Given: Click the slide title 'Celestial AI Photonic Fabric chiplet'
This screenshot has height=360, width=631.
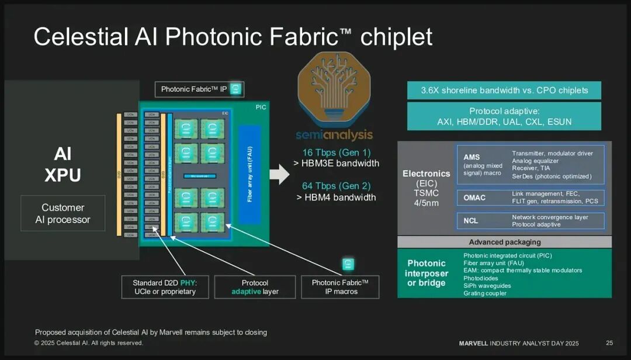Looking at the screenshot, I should (233, 37).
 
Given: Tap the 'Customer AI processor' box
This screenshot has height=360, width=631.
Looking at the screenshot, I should (63, 213).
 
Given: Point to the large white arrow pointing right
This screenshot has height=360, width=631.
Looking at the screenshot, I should (279, 174).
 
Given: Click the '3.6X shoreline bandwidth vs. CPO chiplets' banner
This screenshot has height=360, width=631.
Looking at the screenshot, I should (504, 90).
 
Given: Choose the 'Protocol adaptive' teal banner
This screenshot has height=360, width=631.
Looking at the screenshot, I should (504, 116).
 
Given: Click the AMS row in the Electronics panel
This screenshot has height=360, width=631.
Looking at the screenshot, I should (530, 165).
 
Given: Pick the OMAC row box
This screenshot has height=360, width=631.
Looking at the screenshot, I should (530, 198).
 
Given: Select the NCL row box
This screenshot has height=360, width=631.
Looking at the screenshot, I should (530, 221).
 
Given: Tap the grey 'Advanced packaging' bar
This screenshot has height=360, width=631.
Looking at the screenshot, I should (504, 242).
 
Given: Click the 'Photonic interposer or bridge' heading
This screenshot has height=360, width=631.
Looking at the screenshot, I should (427, 273).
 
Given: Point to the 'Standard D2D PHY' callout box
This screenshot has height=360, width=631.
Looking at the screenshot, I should (165, 287).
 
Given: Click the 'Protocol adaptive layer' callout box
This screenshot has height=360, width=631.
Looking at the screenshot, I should (255, 287).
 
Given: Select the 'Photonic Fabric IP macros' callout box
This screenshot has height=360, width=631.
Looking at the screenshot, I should (340, 287).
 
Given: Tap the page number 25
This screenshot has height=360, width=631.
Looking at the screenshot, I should (609, 342).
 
